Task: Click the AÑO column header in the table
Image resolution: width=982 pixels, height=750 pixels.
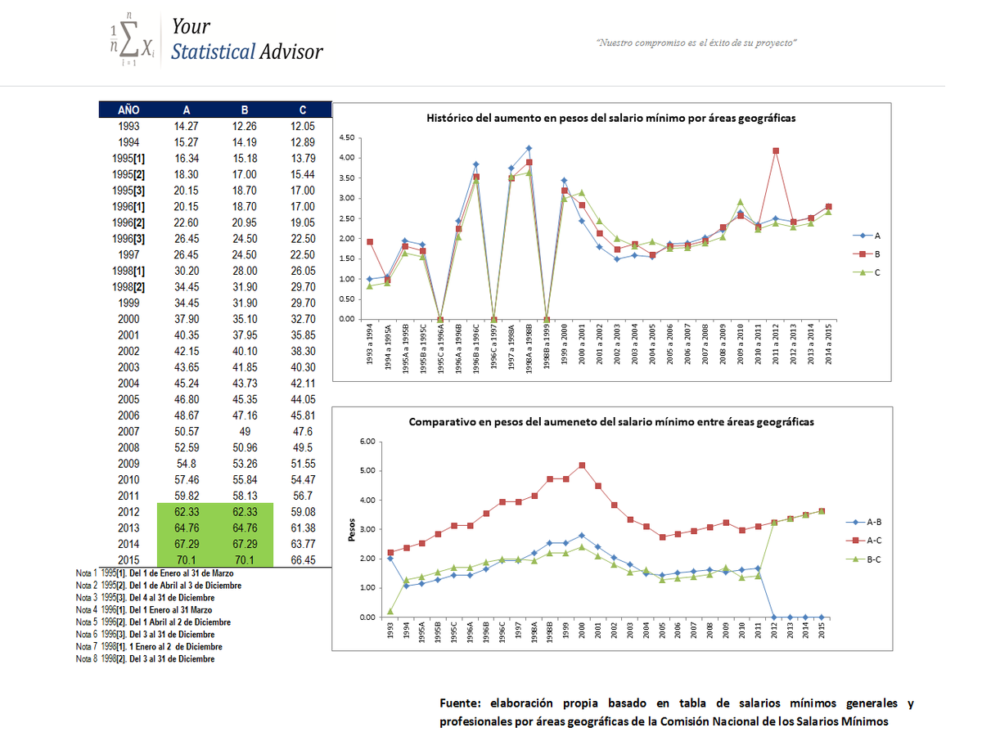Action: coord(128,110)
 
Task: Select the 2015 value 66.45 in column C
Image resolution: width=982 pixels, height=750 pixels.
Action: coord(303,559)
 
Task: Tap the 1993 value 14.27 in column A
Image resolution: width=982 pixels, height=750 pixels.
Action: coord(186,126)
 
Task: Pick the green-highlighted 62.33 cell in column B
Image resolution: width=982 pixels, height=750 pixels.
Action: coord(245,511)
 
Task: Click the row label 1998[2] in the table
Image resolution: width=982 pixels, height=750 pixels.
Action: coord(128,287)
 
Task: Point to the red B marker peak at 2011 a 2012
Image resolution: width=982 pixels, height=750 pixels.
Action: coord(775,150)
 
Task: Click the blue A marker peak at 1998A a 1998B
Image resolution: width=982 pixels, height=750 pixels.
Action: coord(529,148)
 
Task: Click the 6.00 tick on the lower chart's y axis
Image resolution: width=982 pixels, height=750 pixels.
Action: coord(367,442)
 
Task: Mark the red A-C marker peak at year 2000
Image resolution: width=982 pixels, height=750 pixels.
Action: coord(582,465)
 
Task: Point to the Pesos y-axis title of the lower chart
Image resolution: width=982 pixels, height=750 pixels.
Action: coord(352,529)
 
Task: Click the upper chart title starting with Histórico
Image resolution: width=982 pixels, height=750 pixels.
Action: coord(610,119)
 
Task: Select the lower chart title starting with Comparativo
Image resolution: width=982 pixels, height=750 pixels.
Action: coord(610,422)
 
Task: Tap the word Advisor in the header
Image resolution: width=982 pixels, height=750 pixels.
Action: coord(291,52)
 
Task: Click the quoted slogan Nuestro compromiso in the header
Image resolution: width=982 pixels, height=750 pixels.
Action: coord(696,42)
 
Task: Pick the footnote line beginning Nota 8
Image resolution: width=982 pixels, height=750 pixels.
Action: coord(145,658)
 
